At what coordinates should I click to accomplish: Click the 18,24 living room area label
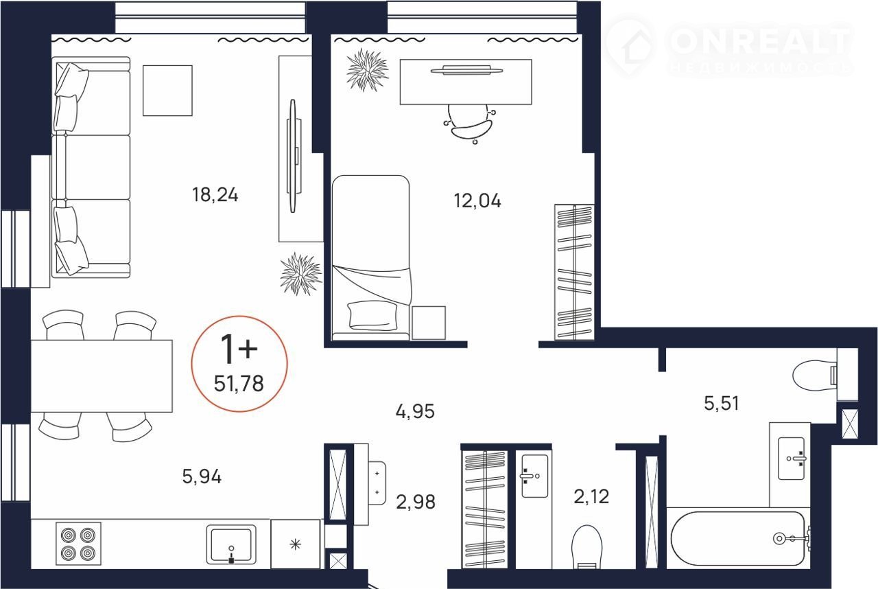pyautogui.click(x=215, y=195)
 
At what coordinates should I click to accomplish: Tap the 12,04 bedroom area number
pyautogui.click(x=477, y=200)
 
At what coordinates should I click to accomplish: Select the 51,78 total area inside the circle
pyautogui.click(x=239, y=384)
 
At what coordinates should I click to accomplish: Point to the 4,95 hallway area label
pyautogui.click(x=415, y=412)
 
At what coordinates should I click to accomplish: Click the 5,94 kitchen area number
pyautogui.click(x=202, y=477)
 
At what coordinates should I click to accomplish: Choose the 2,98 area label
pyautogui.click(x=416, y=502)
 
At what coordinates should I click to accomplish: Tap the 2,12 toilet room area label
pyautogui.click(x=591, y=497)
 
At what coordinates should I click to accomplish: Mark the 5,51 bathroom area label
pyautogui.click(x=722, y=404)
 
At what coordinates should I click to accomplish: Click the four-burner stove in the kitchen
pyautogui.click(x=78, y=543)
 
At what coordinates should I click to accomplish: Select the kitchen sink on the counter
pyautogui.click(x=231, y=544)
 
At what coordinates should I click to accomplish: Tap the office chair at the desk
pyautogui.click(x=470, y=123)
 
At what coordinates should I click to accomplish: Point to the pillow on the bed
pyautogui.click(x=372, y=315)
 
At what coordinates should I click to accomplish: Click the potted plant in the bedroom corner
pyautogui.click(x=367, y=70)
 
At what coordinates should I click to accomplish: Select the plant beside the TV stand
pyautogui.click(x=300, y=274)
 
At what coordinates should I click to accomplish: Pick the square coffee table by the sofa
pyautogui.click(x=167, y=91)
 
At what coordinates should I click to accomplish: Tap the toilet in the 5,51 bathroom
pyautogui.click(x=815, y=376)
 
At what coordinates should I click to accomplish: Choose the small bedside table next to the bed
pyautogui.click(x=429, y=323)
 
